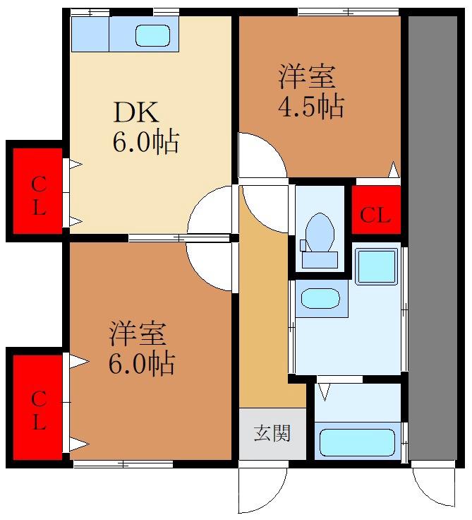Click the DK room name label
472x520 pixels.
138,114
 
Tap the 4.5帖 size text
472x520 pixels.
310,107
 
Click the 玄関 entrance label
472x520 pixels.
272,433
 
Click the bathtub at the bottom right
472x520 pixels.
357,442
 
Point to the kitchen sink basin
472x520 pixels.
152,34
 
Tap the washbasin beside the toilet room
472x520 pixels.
321,297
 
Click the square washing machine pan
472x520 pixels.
376,266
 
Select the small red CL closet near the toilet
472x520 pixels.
375,215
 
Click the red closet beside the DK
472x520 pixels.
38,192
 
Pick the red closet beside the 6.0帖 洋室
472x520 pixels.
38,406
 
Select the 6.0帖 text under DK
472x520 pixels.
145,143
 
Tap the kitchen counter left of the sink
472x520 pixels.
90,34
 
